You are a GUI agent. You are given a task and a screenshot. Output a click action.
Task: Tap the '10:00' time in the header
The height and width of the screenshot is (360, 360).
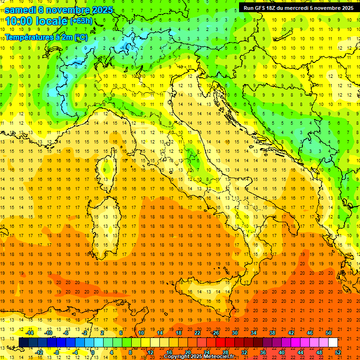tap(18, 21)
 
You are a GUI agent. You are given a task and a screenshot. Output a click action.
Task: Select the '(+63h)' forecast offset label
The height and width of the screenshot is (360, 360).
tap(81, 21)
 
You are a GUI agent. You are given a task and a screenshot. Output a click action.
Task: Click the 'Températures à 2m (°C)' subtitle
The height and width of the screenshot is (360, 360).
tap(46, 37)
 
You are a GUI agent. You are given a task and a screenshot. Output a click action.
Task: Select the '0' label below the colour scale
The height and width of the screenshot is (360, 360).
tap(93, 352)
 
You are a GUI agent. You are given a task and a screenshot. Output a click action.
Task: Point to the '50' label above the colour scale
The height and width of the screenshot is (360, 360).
tap(329, 333)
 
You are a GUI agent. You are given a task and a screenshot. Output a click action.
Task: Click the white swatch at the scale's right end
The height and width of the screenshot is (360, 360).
tap(333, 343)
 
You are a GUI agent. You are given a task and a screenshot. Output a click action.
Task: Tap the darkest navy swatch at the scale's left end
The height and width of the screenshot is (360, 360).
tap(23, 343)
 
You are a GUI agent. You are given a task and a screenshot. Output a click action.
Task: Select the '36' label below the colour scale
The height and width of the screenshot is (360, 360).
tap(262, 352)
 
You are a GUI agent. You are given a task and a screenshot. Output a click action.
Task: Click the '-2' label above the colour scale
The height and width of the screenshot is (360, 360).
tap(84, 333)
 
